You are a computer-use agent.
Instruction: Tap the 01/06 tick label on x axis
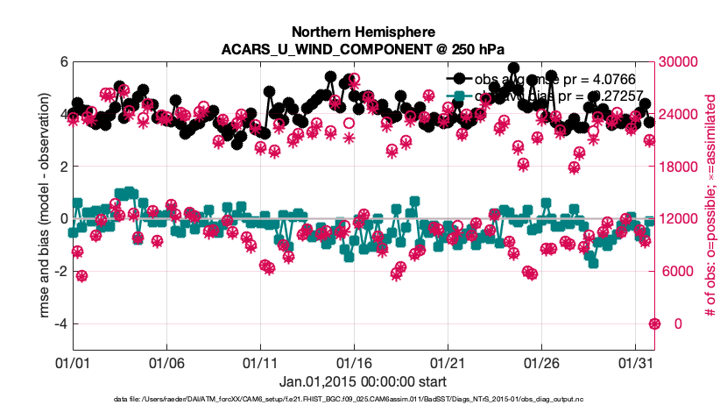[166, 361]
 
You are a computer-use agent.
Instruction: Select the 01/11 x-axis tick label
[260, 361]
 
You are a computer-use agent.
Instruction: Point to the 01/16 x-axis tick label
[355, 361]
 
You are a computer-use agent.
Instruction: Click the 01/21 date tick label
[448, 361]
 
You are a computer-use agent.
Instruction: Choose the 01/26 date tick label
[542, 361]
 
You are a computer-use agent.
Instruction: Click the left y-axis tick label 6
[63, 62]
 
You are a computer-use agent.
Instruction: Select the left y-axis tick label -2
[60, 272]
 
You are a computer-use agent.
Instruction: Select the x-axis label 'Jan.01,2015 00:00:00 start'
[363, 381]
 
